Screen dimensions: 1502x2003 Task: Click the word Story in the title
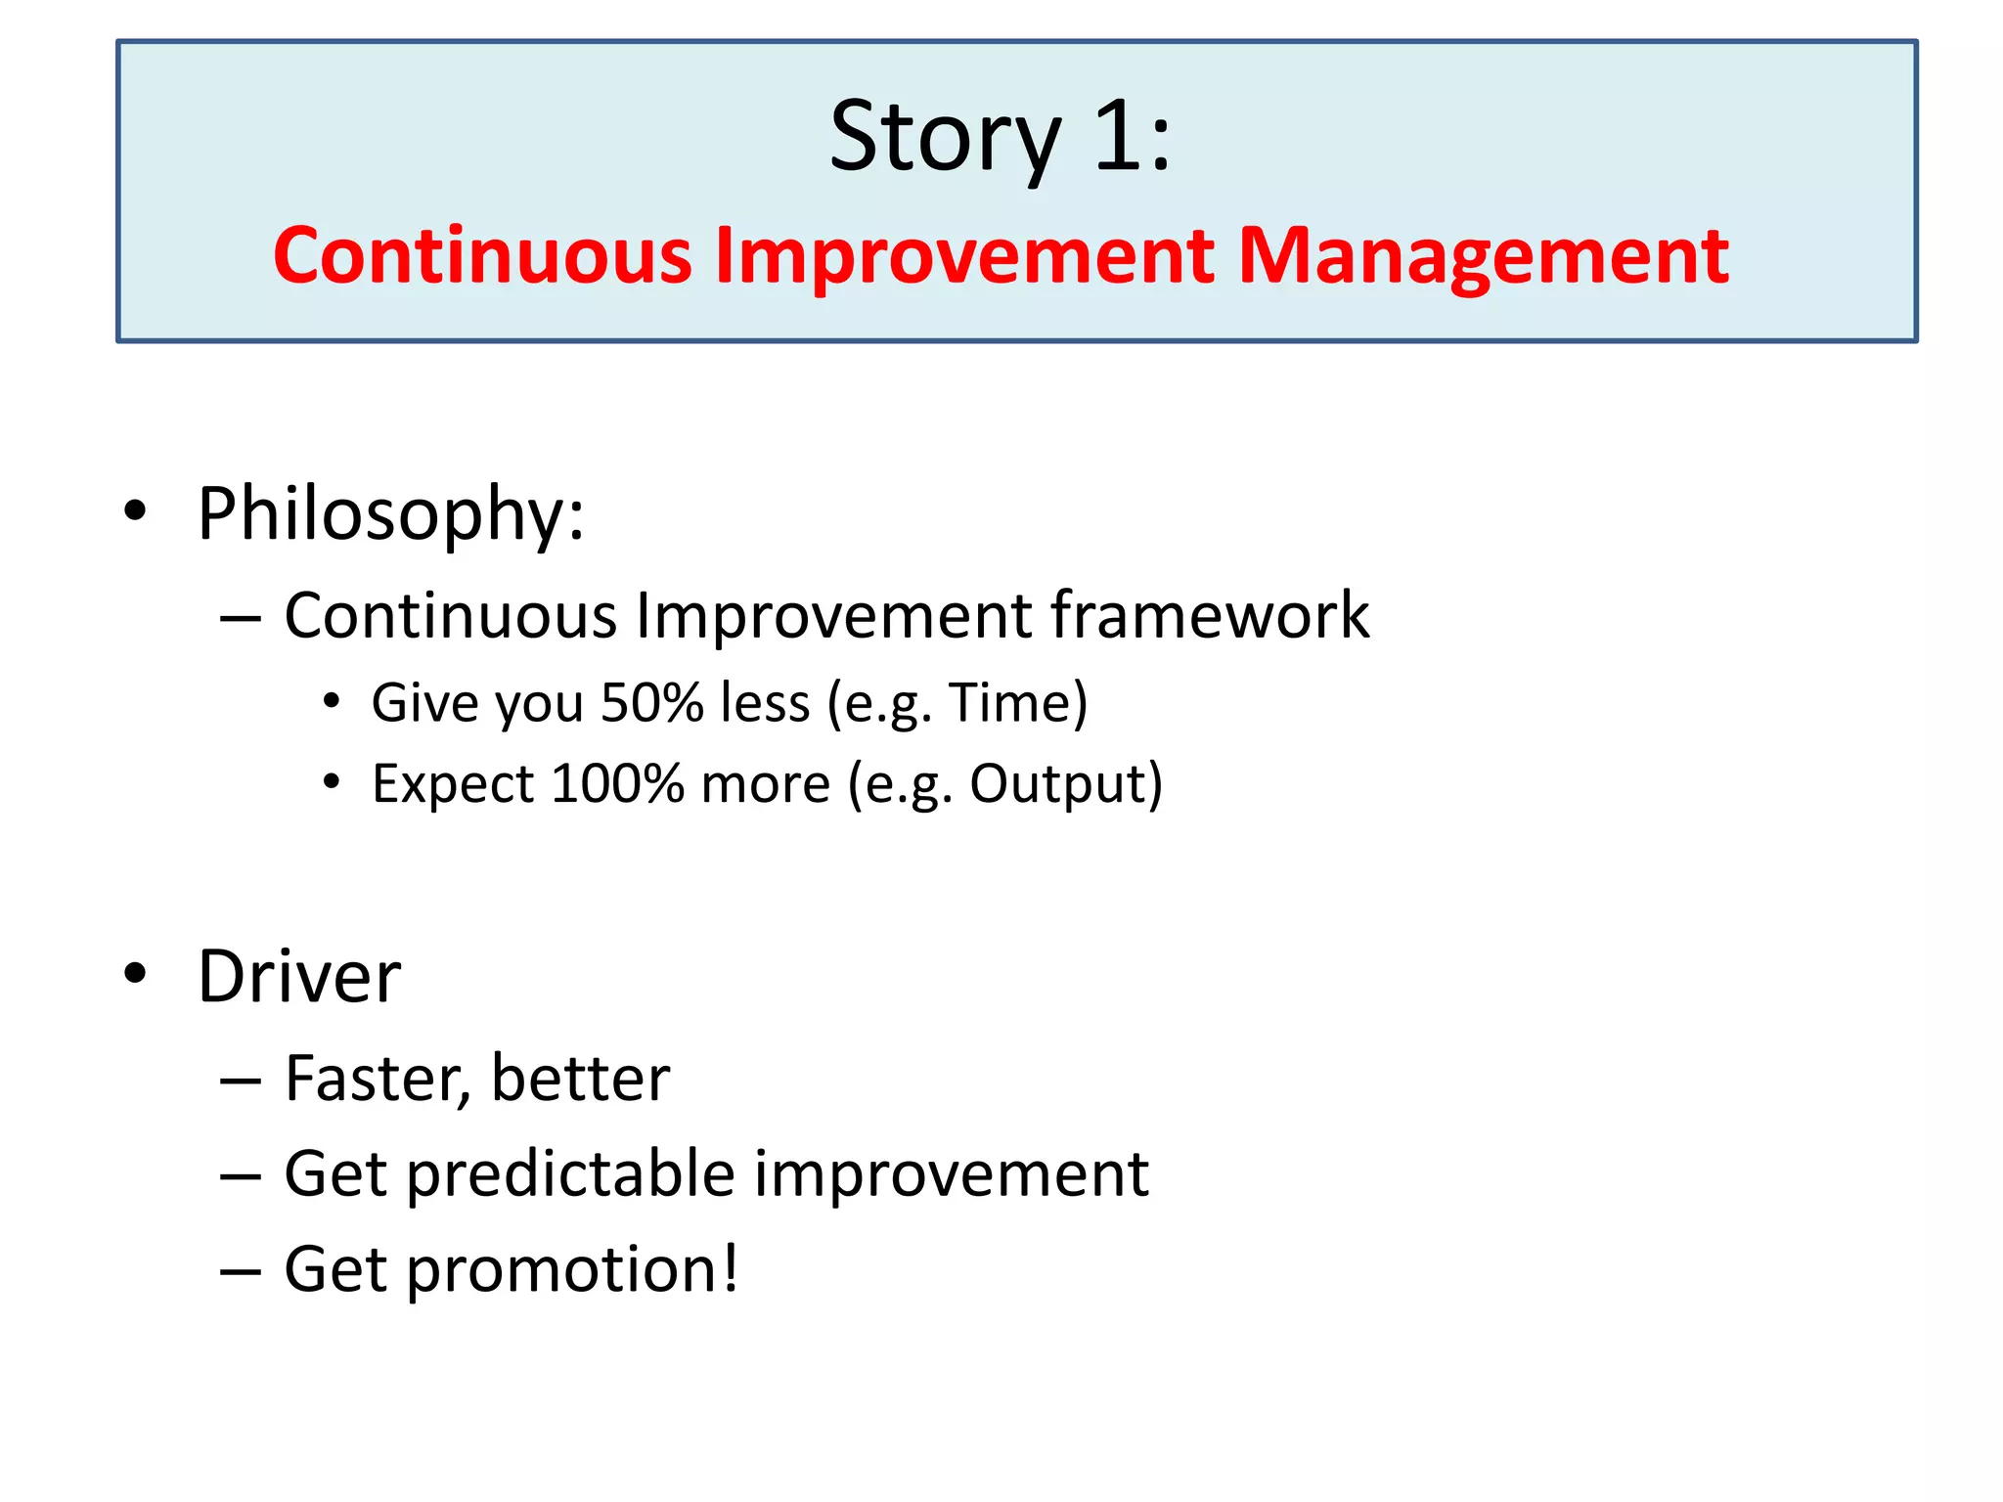tap(945, 137)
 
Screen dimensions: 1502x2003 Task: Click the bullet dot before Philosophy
tap(135, 510)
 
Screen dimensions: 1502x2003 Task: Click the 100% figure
tap(617, 784)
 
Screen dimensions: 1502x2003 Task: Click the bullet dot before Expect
tap(332, 782)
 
